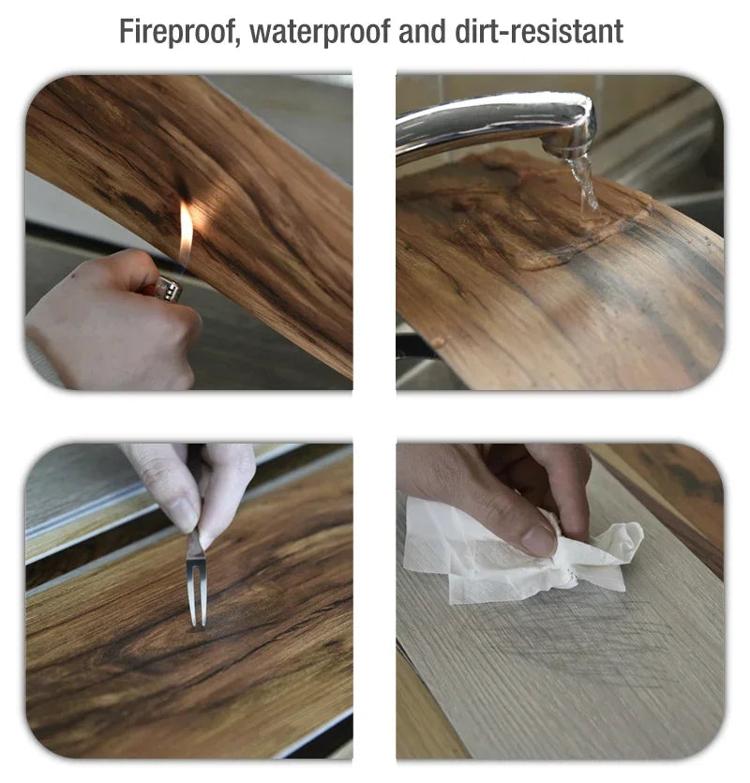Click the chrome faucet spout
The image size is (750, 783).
(497, 122)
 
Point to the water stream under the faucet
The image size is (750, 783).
(584, 183)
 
